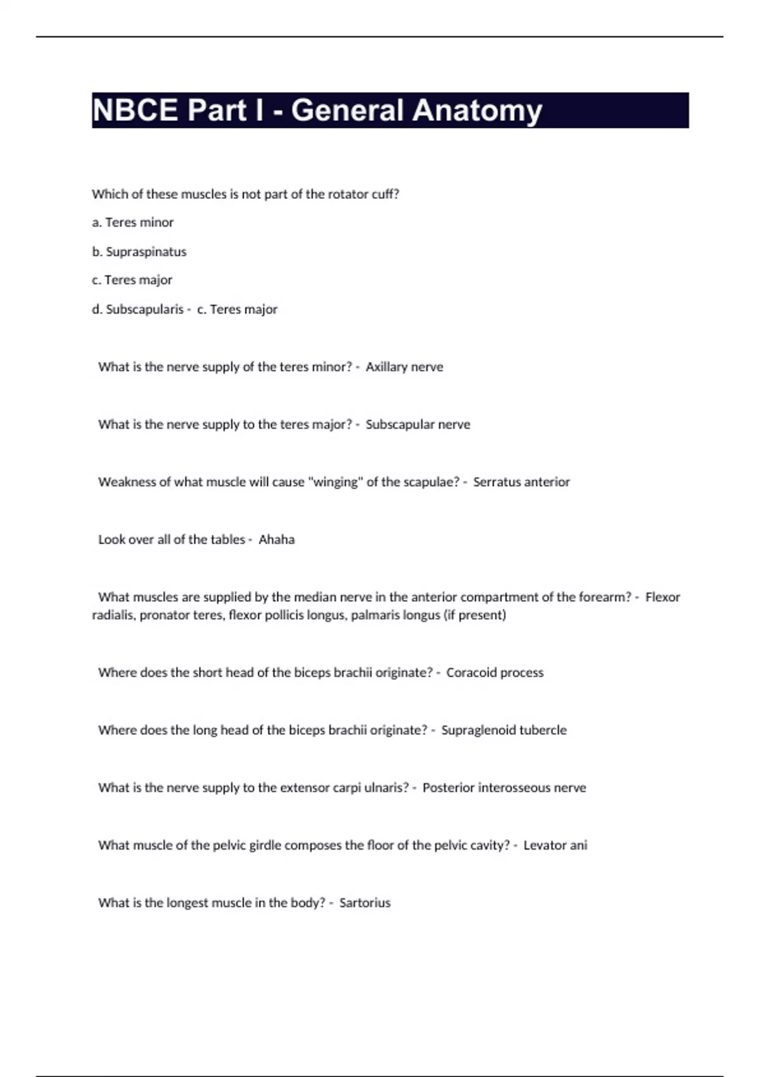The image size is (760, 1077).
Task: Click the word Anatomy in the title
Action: pos(479,110)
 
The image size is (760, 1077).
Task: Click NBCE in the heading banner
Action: pos(135,110)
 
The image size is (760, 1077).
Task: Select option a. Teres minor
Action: pos(132,222)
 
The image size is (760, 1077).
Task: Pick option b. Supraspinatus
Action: pos(139,252)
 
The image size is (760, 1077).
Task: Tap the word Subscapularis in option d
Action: pos(144,309)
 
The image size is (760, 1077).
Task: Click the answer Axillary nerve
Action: pos(404,367)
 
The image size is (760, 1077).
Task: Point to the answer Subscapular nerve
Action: pos(417,424)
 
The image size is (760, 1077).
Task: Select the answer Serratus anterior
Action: pos(521,482)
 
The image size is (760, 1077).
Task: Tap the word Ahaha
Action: pos(276,540)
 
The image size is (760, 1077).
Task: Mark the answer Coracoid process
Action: pos(495,673)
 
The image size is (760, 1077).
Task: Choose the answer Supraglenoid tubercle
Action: pos(503,730)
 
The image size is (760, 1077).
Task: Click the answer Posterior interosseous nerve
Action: pos(504,788)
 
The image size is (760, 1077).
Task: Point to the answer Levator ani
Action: pos(555,845)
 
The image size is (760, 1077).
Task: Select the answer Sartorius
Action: pos(365,903)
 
